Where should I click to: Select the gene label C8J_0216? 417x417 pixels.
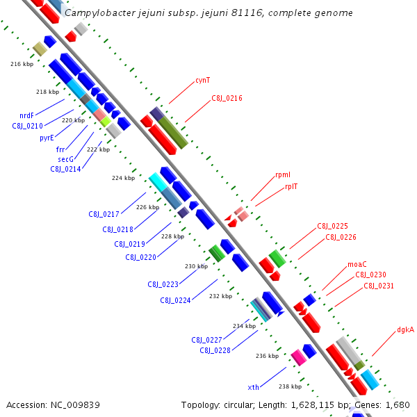(227, 99)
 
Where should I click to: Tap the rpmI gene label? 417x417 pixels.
(283, 176)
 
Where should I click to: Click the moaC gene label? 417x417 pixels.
(357, 265)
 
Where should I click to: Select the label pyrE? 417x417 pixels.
(47, 138)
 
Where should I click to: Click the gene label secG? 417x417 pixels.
(65, 159)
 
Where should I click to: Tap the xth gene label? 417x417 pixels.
(253, 386)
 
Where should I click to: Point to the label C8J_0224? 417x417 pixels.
(176, 300)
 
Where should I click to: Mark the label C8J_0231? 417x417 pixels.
(379, 286)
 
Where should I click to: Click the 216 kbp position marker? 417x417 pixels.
(22, 64)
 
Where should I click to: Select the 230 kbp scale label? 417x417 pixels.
(197, 266)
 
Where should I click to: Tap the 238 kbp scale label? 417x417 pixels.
(290, 386)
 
